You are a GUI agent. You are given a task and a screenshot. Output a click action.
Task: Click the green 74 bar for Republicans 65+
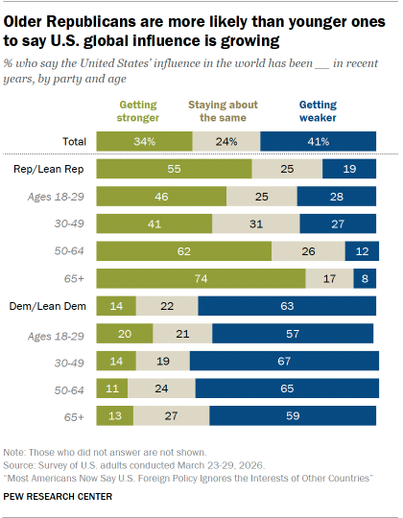[201, 278]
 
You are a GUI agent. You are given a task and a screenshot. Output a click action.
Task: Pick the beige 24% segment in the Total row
[226, 140]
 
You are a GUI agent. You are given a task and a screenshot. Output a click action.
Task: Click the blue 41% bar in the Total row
[319, 140]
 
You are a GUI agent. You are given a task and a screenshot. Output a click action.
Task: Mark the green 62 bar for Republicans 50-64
[184, 250]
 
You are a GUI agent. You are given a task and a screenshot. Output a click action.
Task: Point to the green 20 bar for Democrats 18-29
[123, 334]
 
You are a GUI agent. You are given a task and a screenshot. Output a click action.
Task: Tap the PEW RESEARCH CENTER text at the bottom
[58, 496]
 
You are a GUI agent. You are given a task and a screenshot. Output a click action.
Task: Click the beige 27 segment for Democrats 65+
[172, 417]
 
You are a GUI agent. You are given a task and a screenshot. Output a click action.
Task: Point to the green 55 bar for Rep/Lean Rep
[174, 167]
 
